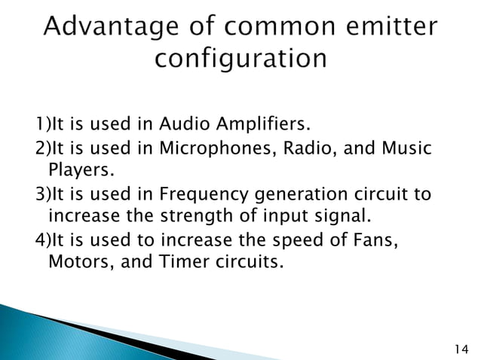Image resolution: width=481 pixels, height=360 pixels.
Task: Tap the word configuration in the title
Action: point(240,60)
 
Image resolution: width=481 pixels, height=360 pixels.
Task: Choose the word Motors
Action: point(78,266)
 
